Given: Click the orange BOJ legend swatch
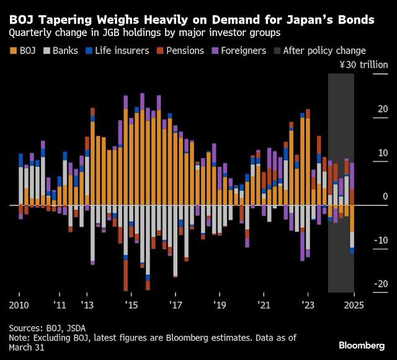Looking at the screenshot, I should coord(13,51).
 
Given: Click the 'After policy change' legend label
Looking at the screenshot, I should coord(324,51).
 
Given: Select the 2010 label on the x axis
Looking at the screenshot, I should coord(19,306).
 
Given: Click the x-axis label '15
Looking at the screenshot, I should coord(131,306).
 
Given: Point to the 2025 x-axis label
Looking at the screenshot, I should coord(354,306).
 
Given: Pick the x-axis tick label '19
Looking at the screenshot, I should coord(220,306).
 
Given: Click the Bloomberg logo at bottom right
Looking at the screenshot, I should coord(362,345).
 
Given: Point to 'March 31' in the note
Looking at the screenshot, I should coord(29,348).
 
